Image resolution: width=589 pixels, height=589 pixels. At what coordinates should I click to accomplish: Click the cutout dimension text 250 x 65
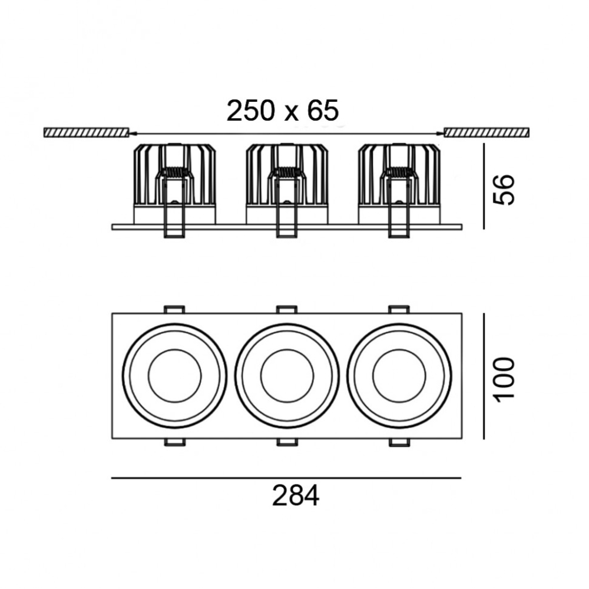tap(283, 111)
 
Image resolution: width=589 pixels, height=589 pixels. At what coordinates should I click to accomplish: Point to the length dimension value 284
tap(296, 496)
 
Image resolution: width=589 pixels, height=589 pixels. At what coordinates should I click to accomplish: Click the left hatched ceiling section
tap(87, 133)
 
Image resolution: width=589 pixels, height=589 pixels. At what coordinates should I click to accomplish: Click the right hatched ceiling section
tap(487, 133)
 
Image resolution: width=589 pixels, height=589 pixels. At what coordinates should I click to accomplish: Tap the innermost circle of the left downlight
tap(175, 350)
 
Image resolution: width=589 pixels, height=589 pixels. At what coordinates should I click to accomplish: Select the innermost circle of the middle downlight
tap(287, 350)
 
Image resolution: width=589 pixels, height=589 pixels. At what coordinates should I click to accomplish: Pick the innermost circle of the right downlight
tap(399, 350)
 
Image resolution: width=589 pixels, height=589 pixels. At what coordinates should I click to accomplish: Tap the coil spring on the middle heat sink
tap(287, 172)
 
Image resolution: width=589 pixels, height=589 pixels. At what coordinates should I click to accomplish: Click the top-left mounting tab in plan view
tap(175, 309)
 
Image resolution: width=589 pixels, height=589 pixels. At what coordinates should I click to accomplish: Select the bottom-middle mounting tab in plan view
tap(287, 442)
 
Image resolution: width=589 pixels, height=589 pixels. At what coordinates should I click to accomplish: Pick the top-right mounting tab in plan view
tap(399, 309)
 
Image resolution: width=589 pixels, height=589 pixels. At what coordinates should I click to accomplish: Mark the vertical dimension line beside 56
tap(484, 186)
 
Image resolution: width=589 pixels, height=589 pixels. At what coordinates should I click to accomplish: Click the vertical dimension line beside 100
tap(484, 376)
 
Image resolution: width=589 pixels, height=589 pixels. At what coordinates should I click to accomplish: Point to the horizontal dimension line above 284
tap(286, 478)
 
